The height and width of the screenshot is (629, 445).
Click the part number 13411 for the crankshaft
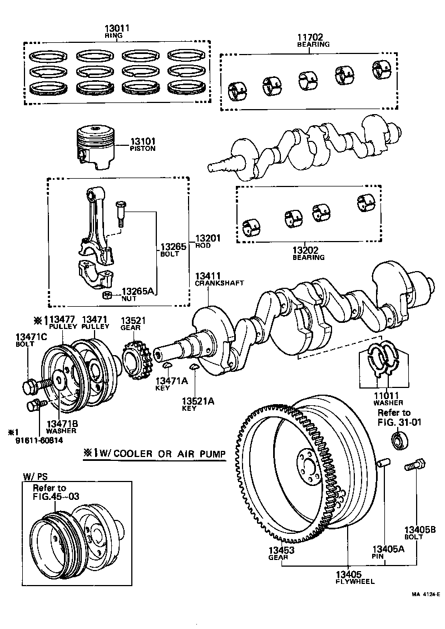click(x=207, y=276)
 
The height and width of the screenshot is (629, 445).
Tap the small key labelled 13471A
click(x=166, y=365)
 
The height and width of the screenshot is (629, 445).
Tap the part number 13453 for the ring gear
click(x=281, y=550)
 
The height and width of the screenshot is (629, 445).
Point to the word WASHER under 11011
click(x=388, y=402)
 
